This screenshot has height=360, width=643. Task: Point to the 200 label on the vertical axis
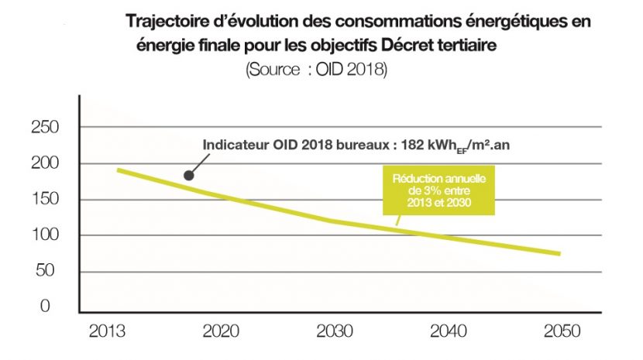45,164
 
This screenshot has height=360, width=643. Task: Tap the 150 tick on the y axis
45,200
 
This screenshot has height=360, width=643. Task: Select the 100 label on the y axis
45,235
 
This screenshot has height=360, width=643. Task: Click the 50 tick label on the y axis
49,271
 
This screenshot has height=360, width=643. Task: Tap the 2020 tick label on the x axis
221,331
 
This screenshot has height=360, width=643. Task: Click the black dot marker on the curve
188,176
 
